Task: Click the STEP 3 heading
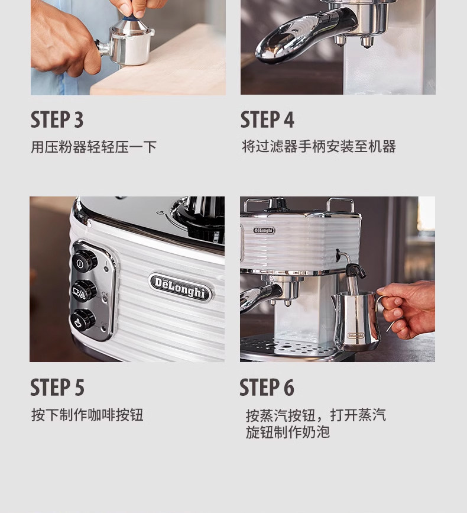tap(57, 120)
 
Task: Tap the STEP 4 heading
tap(267, 120)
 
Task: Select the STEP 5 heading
tap(57, 388)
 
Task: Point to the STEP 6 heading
tap(267, 388)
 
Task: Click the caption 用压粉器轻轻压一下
tap(94, 147)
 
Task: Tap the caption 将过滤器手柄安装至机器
tap(319, 146)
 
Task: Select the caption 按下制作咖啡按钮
tap(87, 415)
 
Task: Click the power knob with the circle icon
tap(84, 261)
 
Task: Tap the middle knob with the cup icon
tap(84, 291)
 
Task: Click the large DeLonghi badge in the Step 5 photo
tap(180, 287)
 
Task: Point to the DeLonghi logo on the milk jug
tap(355, 335)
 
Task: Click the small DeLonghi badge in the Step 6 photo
tap(264, 230)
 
